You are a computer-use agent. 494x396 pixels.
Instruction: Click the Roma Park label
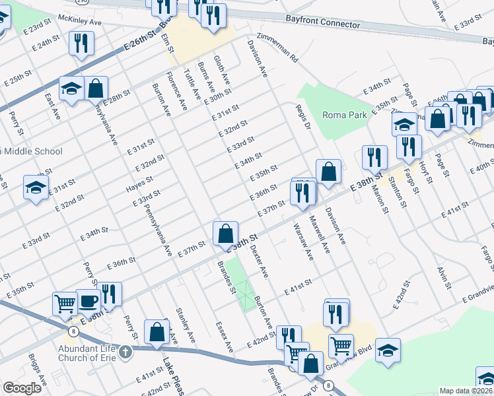pos(344,115)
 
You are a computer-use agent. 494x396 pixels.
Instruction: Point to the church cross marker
pos(126,351)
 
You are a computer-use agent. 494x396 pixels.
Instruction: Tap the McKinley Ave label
pos(80,21)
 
